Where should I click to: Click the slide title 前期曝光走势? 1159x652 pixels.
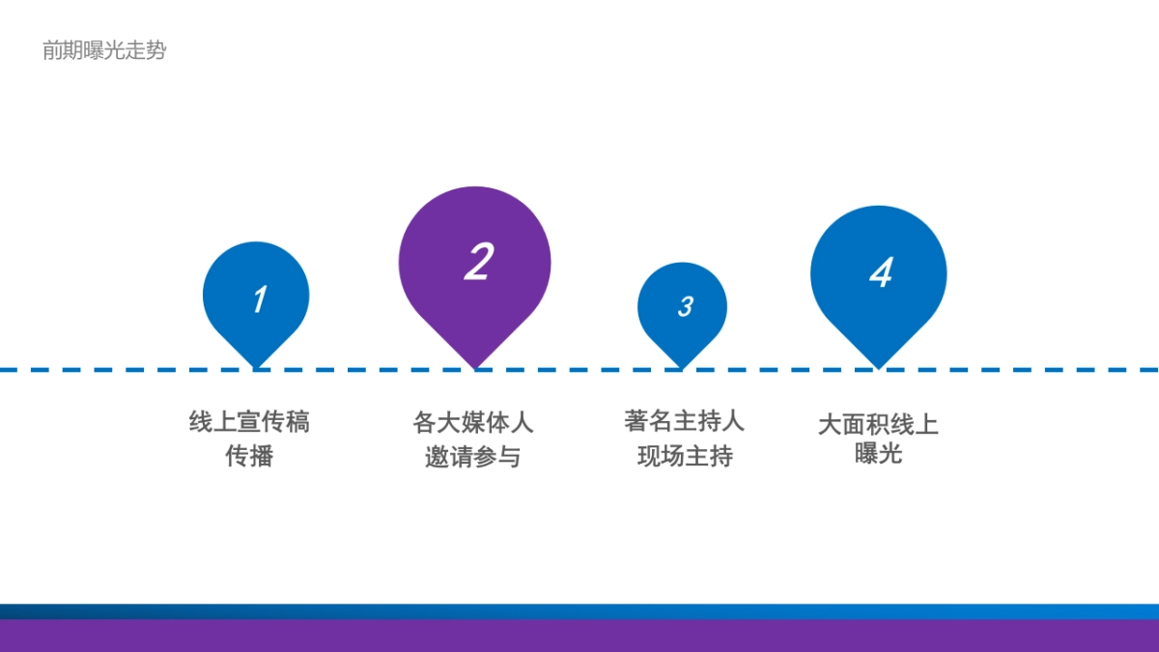104,51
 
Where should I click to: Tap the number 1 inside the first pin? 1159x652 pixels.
259,299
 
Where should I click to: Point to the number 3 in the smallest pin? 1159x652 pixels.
685,307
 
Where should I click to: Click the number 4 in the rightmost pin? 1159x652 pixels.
880,273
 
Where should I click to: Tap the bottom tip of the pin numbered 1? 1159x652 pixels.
257,366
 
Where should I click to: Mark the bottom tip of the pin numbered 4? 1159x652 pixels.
878,366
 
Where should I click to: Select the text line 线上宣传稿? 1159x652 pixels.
249,422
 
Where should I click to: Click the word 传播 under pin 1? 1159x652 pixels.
249,456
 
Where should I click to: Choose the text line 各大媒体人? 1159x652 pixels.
473,422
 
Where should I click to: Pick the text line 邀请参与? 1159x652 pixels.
473,456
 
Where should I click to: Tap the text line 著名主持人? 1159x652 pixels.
684,421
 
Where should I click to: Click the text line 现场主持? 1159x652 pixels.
684,456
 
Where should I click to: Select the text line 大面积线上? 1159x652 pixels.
878,424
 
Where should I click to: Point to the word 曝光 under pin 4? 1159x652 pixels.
878,454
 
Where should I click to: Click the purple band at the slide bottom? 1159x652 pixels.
579,636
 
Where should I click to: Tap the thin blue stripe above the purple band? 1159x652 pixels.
579,611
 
